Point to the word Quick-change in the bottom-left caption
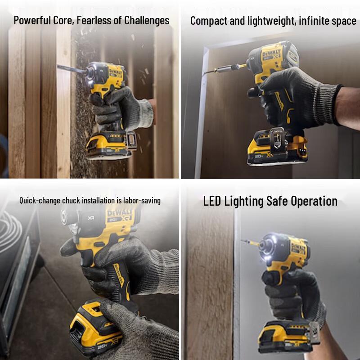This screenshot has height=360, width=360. pyautogui.click(x=36, y=200)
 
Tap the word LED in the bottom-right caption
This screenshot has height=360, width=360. pyautogui.click(x=213, y=201)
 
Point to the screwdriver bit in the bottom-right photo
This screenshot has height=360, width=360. pyautogui.click(x=250, y=243)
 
